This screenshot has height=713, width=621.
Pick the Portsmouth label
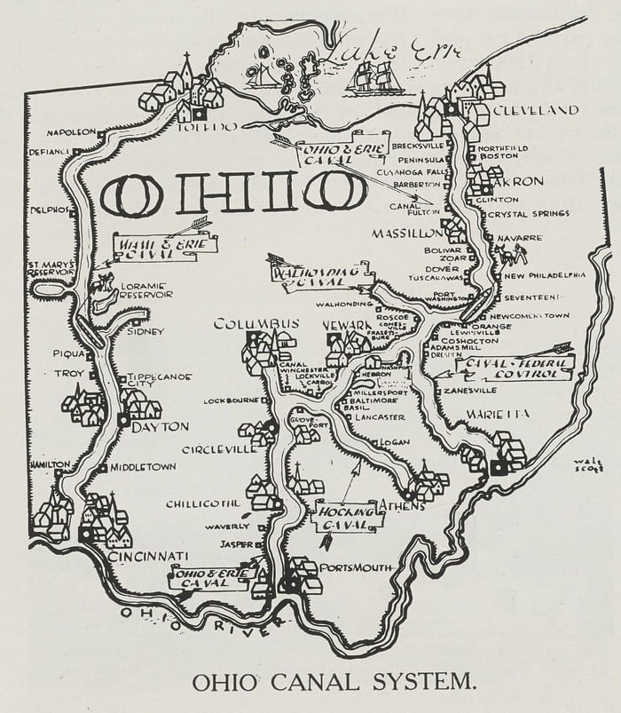tap(355, 567)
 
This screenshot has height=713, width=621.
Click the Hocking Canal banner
tap(348, 516)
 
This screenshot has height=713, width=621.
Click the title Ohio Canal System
tap(334, 682)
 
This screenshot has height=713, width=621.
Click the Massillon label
tap(406, 233)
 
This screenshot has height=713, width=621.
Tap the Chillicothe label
tap(203, 503)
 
